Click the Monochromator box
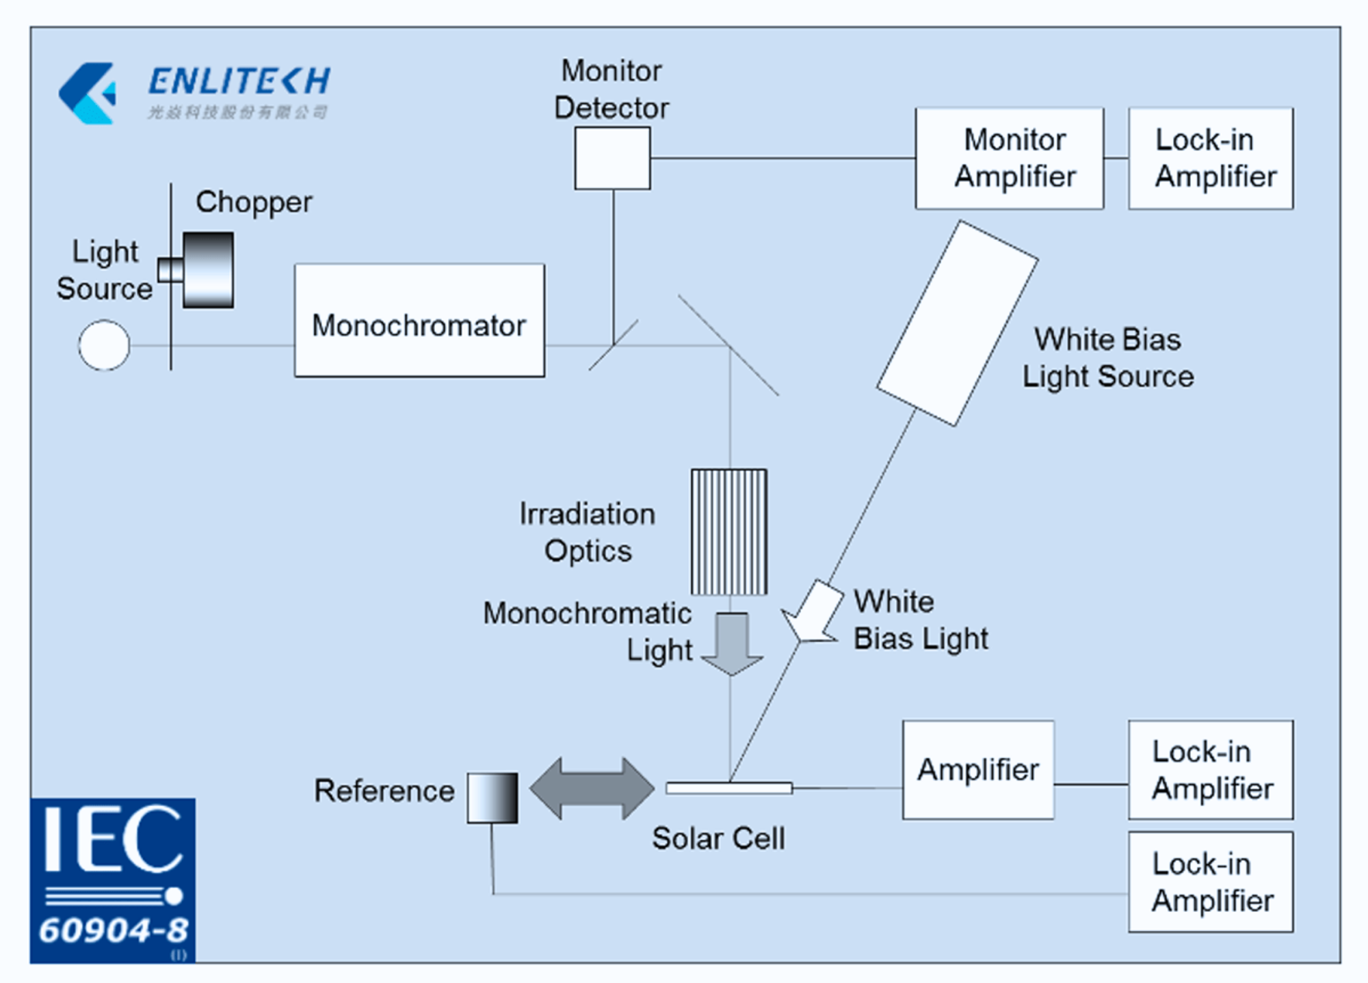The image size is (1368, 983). (x=419, y=321)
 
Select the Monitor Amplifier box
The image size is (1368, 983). (x=1010, y=158)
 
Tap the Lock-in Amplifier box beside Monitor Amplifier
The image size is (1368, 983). (x=1211, y=158)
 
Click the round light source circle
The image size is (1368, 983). (x=104, y=345)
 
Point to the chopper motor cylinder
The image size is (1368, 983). (x=208, y=270)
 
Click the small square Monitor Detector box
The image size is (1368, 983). (x=612, y=158)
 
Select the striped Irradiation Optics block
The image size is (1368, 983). (x=728, y=532)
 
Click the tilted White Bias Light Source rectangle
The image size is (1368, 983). (x=957, y=323)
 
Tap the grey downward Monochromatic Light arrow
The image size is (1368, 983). (x=732, y=643)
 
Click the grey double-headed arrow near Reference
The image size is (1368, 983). (x=592, y=788)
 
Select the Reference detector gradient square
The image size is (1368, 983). (x=492, y=798)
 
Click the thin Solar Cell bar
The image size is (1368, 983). (x=729, y=788)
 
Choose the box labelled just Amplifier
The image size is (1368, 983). (x=978, y=770)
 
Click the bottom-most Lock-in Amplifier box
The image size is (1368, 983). (x=1211, y=882)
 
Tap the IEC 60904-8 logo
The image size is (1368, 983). (x=113, y=880)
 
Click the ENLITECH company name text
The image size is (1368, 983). (x=239, y=81)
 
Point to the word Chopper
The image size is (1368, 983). (x=254, y=202)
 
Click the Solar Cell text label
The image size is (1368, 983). (x=718, y=838)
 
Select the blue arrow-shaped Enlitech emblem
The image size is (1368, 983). (x=88, y=93)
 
